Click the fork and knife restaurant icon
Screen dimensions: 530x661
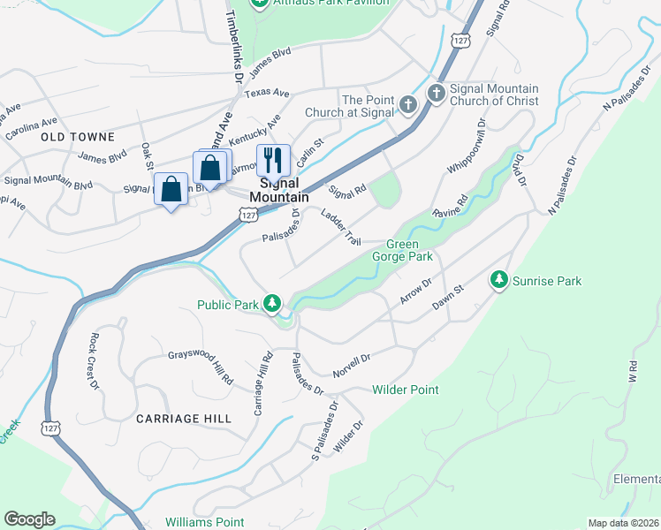273,160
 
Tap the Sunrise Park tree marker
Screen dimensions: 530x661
499,280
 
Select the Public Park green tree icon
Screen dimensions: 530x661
273,304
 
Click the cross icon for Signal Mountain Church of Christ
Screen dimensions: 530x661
436,94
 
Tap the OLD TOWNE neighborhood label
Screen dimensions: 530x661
77,137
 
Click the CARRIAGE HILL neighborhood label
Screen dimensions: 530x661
184,418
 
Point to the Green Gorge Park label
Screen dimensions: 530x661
409,250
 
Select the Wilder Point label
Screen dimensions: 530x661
405,390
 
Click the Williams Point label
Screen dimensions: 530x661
206,523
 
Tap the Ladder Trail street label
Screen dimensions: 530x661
341,227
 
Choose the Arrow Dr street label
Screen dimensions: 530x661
414,291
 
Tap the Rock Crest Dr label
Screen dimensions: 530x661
93,360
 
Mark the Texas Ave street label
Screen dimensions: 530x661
267,93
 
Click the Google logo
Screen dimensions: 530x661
29,519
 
